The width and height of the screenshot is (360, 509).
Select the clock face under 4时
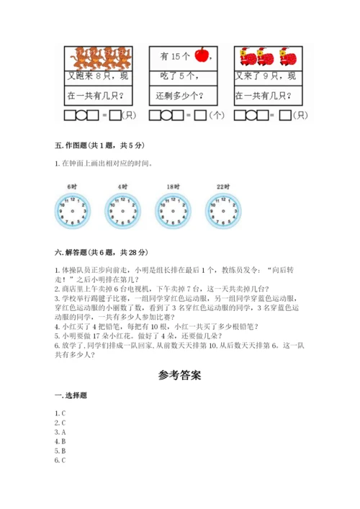[121, 210]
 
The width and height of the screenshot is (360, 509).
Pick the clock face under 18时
[171, 210]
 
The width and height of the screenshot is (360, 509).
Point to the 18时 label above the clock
[171, 186]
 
